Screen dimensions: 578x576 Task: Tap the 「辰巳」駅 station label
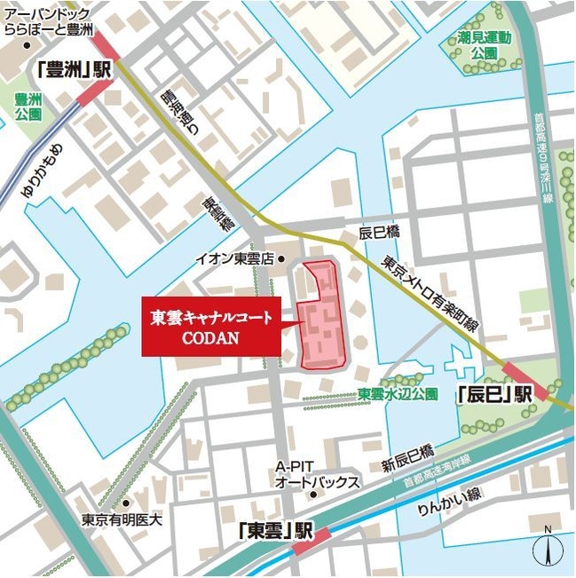click(x=493, y=392)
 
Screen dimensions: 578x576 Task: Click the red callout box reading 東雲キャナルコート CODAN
click(x=212, y=326)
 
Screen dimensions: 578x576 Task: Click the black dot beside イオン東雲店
click(x=280, y=259)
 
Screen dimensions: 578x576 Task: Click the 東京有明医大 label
click(x=122, y=520)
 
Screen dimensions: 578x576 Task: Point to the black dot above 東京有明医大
click(x=127, y=503)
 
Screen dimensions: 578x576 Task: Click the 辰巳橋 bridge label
click(x=380, y=232)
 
